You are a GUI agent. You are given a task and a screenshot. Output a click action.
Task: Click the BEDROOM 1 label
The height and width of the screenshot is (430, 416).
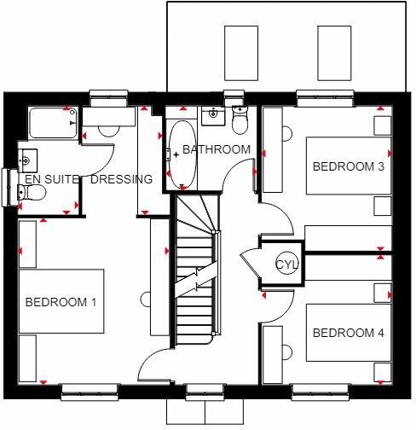click(61, 301)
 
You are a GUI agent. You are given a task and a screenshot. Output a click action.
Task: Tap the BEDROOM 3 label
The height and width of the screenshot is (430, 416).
click(348, 166)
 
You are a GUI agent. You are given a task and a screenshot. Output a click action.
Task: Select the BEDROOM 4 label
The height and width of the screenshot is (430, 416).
click(348, 332)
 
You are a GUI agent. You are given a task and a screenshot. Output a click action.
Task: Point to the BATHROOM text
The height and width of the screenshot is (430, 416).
click(217, 150)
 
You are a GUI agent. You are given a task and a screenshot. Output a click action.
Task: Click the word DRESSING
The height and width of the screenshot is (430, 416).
click(120, 179)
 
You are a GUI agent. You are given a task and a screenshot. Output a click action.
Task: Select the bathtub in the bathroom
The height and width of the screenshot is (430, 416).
click(181, 154)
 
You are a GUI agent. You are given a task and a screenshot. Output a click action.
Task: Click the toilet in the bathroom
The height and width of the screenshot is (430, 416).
click(240, 123)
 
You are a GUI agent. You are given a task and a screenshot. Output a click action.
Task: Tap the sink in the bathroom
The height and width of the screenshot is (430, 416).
click(212, 114)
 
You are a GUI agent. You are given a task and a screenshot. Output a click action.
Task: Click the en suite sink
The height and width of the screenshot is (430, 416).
click(27, 160)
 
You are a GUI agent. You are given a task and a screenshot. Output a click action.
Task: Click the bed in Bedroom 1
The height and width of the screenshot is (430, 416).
click(72, 301)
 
